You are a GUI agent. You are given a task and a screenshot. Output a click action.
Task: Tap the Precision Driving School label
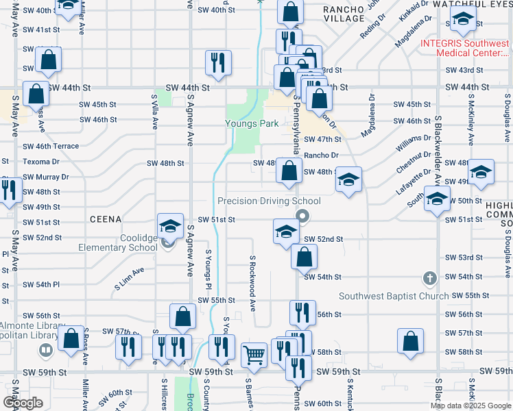(x=269, y=201)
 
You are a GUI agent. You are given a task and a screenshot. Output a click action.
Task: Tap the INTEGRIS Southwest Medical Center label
(x=466, y=48)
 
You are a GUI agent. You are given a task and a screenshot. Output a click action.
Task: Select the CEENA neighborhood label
(x=105, y=219)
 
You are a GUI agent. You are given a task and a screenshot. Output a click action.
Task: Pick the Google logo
(x=23, y=403)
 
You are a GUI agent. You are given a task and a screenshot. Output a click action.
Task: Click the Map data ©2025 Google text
(x=471, y=406)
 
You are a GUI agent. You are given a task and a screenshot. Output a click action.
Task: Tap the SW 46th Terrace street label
(x=51, y=147)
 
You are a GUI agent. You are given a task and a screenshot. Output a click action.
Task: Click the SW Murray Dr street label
(x=46, y=177)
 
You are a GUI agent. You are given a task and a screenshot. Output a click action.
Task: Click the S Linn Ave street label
(x=129, y=276)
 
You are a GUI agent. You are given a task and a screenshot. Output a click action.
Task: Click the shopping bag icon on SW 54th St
(x=304, y=258)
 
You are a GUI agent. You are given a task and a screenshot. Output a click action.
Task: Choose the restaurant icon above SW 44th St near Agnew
(x=218, y=63)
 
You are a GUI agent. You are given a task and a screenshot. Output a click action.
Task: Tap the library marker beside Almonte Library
(x=46, y=351)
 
